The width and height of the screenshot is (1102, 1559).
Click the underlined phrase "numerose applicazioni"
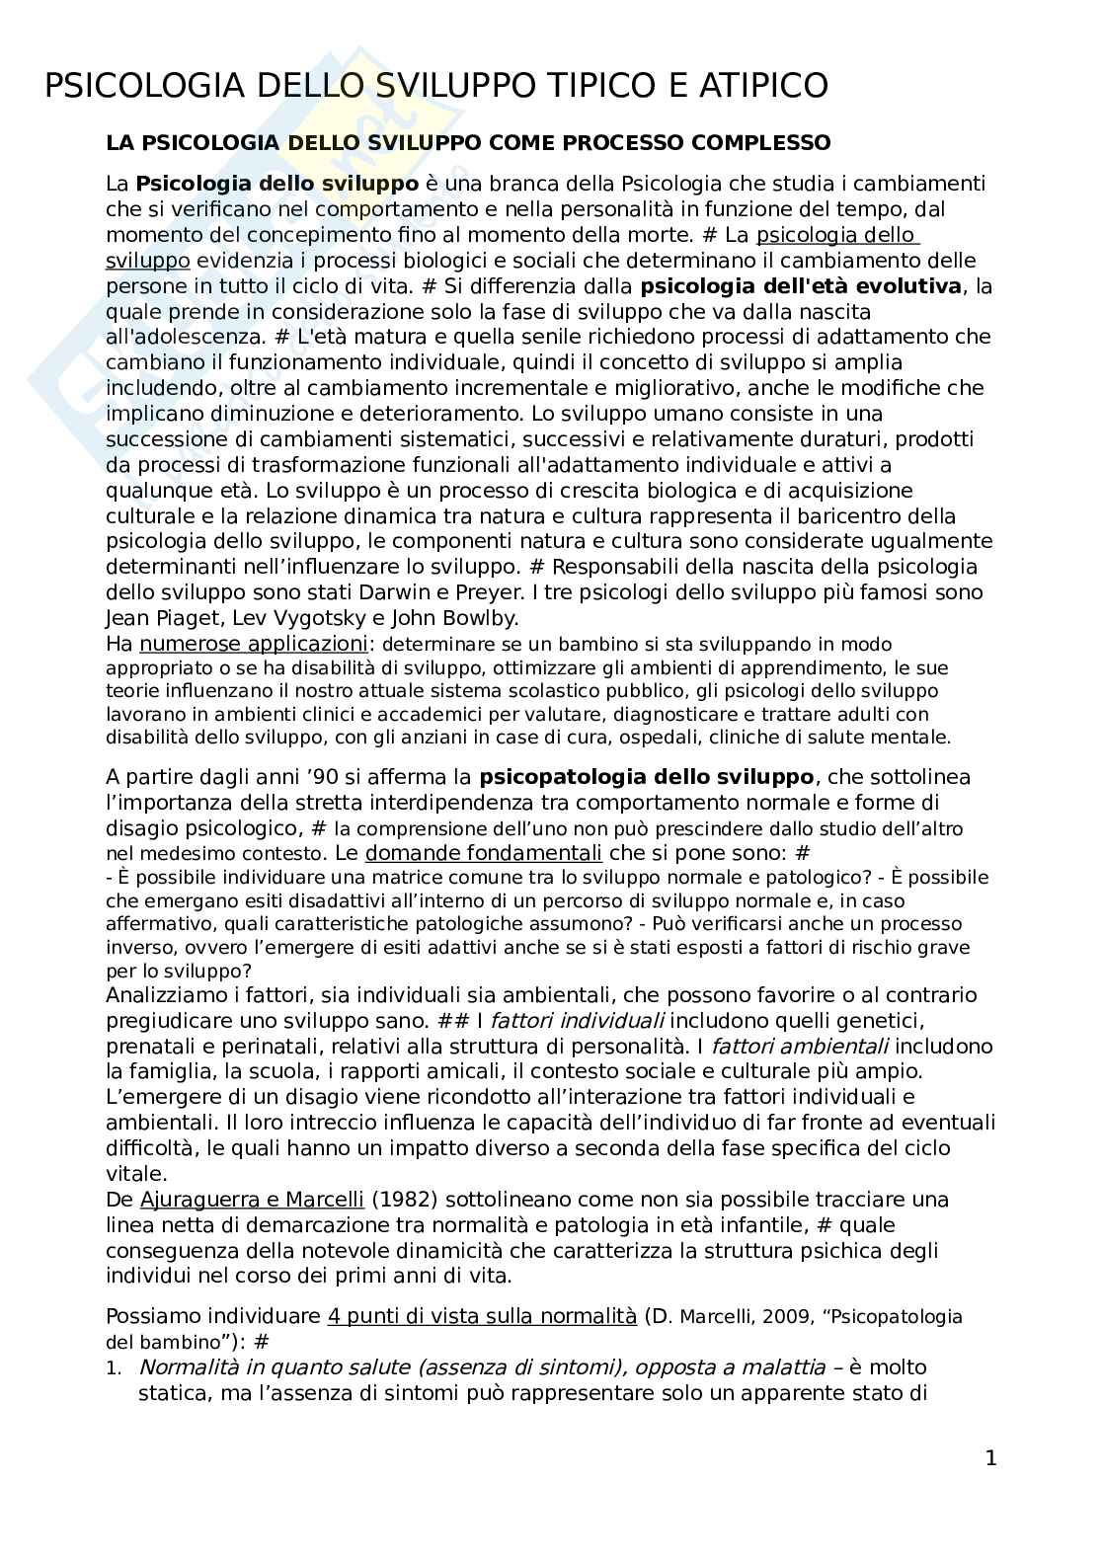point(253,644)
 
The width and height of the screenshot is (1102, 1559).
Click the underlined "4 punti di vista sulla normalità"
point(482,1316)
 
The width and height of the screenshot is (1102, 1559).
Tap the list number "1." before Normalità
point(116,1368)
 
